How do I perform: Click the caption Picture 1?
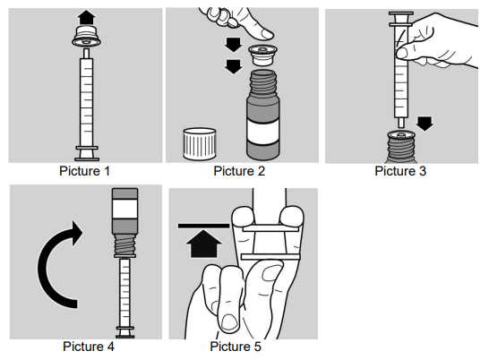pos(84,171)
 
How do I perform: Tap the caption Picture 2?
pos(239,171)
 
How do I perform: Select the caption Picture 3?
pos(400,171)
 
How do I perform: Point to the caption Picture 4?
pos(89,347)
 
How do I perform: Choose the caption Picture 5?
pos(236,347)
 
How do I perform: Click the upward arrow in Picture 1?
pos(87,17)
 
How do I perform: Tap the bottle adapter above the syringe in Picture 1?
pos(87,36)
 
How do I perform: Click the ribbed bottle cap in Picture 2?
pos(200,143)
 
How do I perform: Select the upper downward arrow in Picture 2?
pos(234,45)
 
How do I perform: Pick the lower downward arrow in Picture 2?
pos(234,67)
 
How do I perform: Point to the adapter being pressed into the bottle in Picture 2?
pos(262,55)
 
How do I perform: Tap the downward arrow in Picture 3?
pos(425,124)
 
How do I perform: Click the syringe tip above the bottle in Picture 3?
pos(401,123)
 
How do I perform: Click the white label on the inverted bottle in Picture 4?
pos(124,209)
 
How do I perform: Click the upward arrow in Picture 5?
pos(203,244)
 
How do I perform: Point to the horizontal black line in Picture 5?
pos(203,226)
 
